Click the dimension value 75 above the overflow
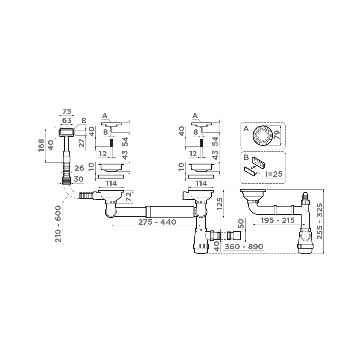[x=67, y=111]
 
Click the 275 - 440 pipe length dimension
[x=157, y=222]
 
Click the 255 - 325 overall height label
[x=320, y=221]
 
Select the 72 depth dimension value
[x=129, y=197]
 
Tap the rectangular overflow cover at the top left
[x=66, y=132]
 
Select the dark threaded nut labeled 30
[x=66, y=180]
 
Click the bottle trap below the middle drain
[x=201, y=240]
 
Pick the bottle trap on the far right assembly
[x=306, y=240]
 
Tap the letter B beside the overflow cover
[x=84, y=121]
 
